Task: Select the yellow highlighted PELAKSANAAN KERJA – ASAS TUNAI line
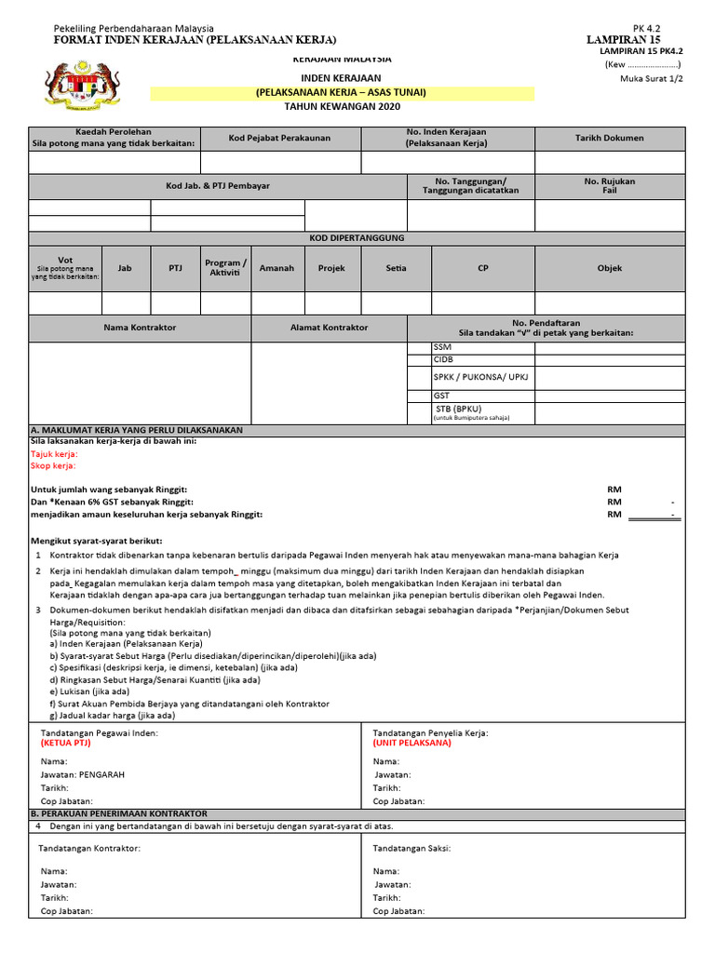342,93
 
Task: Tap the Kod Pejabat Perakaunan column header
279,138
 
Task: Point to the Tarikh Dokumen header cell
609,138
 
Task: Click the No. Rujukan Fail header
609,186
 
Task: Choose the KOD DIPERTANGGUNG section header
357,238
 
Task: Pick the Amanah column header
277,268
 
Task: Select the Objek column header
609,268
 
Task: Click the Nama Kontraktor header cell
140,328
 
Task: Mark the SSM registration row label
442,347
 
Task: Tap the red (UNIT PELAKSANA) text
411,744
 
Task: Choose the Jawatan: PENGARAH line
83,774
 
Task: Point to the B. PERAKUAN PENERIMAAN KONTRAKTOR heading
119,813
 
